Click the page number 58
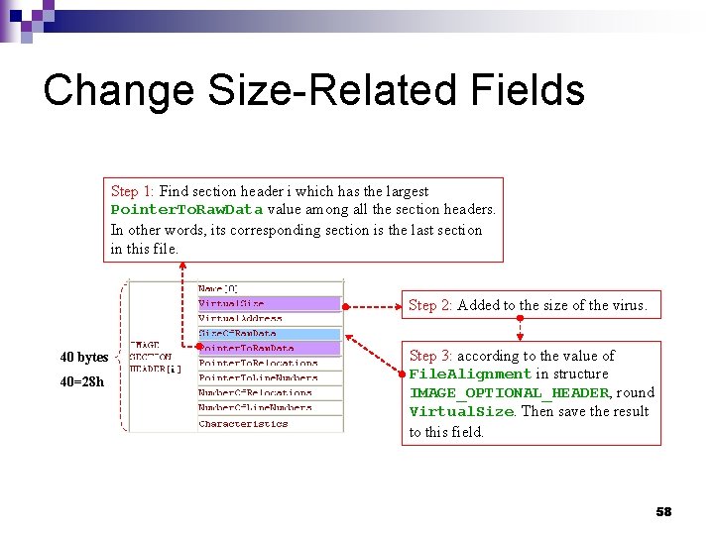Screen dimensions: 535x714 click(x=663, y=511)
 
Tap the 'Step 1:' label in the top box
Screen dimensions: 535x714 click(x=133, y=191)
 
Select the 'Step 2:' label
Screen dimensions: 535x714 click(x=430, y=305)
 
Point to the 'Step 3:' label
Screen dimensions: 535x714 click(x=430, y=356)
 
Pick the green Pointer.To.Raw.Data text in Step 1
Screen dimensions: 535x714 click(x=186, y=210)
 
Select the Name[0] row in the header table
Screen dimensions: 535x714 click(x=218, y=289)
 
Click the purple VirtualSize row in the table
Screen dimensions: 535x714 click(x=232, y=304)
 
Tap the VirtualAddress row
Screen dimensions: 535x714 click(x=240, y=319)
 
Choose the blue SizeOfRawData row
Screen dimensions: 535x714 click(x=238, y=334)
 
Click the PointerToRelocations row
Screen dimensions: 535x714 click(x=258, y=364)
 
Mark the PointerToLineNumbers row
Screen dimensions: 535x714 click(x=258, y=378)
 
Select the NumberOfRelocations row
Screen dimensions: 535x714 click(x=256, y=393)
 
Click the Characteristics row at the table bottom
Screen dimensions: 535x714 click(x=244, y=424)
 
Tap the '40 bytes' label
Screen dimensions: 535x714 click(x=84, y=357)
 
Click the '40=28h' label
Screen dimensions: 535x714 click(x=81, y=381)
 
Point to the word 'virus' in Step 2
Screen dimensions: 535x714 click(x=625, y=305)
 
